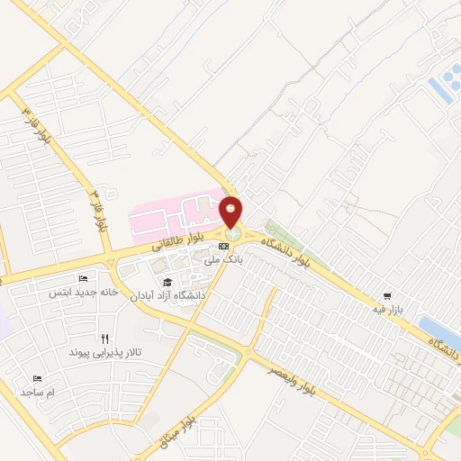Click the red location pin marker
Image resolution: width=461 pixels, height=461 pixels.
[231, 212]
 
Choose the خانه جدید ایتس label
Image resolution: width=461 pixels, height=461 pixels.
[84, 293]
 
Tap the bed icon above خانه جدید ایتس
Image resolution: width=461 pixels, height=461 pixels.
[84, 279]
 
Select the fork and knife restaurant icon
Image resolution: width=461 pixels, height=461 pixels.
[105, 339]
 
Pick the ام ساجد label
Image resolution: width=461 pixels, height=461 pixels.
[38, 393]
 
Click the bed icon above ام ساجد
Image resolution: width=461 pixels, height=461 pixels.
[37, 379]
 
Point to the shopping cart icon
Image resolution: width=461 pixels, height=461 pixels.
[387, 295]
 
